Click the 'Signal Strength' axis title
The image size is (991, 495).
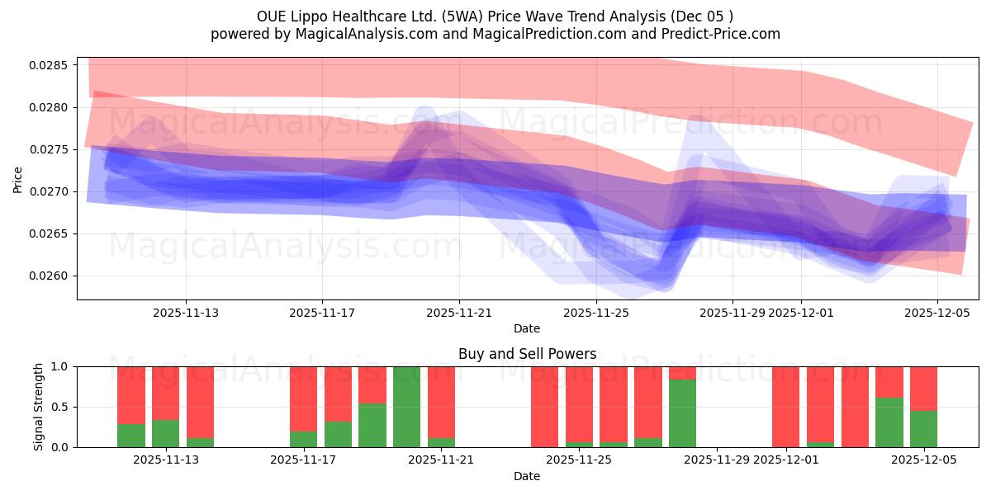click(x=39, y=407)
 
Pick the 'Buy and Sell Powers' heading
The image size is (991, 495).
click(x=527, y=354)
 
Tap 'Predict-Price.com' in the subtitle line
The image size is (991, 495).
click(x=719, y=34)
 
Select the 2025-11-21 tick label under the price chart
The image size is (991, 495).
click(x=459, y=313)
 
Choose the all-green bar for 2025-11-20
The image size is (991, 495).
click(x=406, y=407)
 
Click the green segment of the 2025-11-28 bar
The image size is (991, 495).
click(x=682, y=413)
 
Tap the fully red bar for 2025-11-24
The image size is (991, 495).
click(x=544, y=407)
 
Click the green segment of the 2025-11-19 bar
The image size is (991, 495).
click(x=372, y=425)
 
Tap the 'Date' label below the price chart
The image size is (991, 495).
click(x=527, y=328)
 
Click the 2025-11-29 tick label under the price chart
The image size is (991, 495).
click(x=732, y=313)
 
